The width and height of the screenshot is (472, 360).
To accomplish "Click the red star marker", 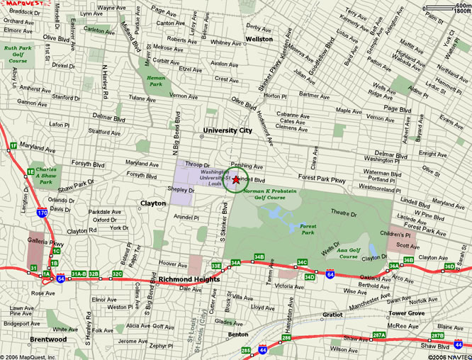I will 236,180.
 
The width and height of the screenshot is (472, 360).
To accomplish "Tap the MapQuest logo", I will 21,5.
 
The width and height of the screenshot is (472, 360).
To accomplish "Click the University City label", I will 227,131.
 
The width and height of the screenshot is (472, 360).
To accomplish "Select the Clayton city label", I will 152,203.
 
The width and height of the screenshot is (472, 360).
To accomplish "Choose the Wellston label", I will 259,40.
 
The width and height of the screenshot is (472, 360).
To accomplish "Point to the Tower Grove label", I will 406,313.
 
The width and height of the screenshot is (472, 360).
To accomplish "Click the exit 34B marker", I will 259,257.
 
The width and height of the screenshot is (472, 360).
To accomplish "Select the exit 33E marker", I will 216,266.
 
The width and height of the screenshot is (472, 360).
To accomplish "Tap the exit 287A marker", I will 379,334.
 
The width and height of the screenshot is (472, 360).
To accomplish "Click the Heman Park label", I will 156,79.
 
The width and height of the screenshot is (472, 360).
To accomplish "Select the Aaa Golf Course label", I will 349,253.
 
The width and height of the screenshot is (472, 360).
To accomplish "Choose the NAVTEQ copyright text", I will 443,356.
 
